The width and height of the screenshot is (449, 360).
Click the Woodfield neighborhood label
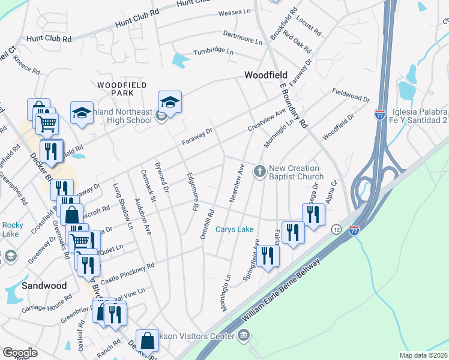point(265,75)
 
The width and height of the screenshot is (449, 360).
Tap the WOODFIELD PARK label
point(114,89)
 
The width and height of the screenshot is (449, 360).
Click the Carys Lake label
point(234,230)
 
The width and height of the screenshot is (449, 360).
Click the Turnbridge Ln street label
point(212,52)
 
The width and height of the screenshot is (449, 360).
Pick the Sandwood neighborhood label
point(44,286)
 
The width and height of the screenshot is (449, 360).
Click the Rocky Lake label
point(12,229)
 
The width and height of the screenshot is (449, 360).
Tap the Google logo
point(20,353)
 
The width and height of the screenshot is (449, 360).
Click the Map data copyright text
point(423,355)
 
